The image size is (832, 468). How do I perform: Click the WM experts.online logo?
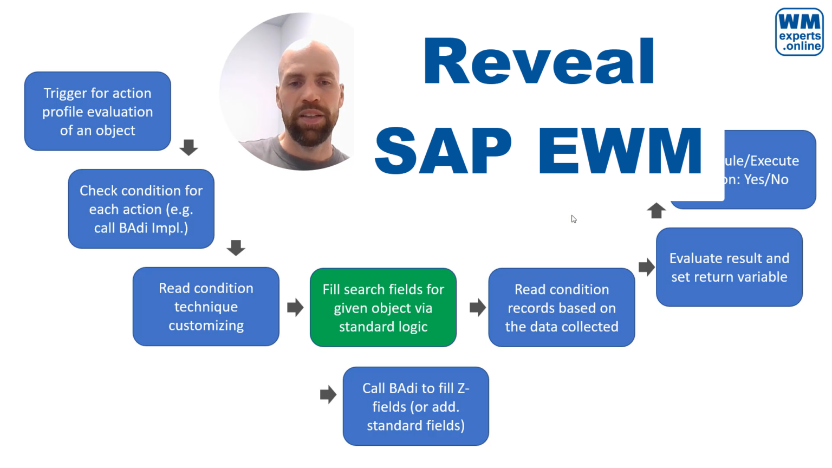tap(799, 32)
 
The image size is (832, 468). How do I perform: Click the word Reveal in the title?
tap(539, 62)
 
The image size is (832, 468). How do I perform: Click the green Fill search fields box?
tap(383, 308)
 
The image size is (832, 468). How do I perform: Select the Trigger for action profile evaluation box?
tap(97, 112)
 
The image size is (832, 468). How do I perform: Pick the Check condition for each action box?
tap(141, 209)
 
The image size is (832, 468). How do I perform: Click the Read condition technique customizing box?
tap(206, 307)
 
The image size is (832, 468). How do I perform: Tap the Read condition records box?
tap(561, 308)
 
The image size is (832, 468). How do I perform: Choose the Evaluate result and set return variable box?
tap(729, 268)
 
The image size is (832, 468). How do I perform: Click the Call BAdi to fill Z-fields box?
tap(415, 406)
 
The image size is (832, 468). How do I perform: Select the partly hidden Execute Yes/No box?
tap(769, 170)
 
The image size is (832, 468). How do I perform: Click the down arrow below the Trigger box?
tap(188, 147)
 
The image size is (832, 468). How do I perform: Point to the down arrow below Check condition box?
tap(236, 248)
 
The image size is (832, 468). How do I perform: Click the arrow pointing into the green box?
tap(295, 308)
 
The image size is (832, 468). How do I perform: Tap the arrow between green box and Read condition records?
tap(477, 308)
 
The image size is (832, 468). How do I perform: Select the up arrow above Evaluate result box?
tap(656, 210)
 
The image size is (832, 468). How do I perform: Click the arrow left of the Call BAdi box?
tap(328, 394)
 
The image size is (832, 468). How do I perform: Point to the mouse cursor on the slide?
tap(573, 219)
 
